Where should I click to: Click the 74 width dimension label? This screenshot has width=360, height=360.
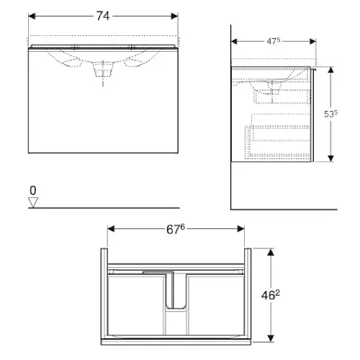tap(103, 16)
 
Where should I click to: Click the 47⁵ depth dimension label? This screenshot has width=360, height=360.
tap(274, 41)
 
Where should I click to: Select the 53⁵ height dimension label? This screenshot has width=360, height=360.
tap(330, 114)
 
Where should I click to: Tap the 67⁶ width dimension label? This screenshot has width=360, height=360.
tap(176, 229)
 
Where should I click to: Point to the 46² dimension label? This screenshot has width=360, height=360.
tap(271, 294)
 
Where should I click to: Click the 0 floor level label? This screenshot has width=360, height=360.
tap(33, 191)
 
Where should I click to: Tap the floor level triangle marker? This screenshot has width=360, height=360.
tap(33, 202)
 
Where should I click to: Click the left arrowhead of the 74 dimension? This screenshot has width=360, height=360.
tap(32, 16)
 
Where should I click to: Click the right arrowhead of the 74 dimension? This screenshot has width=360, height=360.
tap(174, 16)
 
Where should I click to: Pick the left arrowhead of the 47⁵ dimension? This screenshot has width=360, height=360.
tap(234, 41)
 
